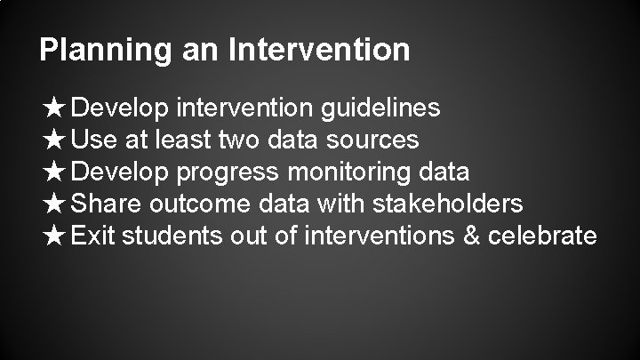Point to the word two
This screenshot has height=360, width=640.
[236, 140]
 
